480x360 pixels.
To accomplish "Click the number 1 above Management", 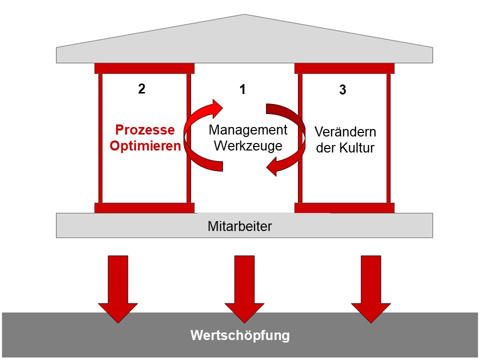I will coord(242,90).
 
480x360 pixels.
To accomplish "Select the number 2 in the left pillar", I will coord(141,89).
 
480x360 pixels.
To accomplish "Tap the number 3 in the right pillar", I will coord(342,91).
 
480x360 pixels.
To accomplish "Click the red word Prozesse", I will coord(145,130).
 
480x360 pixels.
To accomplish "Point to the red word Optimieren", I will coord(145,147).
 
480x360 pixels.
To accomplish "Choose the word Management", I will coord(248,130).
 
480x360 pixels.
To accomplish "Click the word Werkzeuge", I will coord(248,146).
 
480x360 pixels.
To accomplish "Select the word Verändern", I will coord(345,132).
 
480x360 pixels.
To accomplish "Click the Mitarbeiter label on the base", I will coord(239,226).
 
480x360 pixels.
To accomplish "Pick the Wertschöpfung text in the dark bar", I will coord(239,335).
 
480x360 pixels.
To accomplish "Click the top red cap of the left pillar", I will coord(144,68).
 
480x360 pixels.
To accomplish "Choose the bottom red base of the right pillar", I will coord(344,208).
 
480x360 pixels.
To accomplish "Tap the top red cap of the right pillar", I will coord(344,68).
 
